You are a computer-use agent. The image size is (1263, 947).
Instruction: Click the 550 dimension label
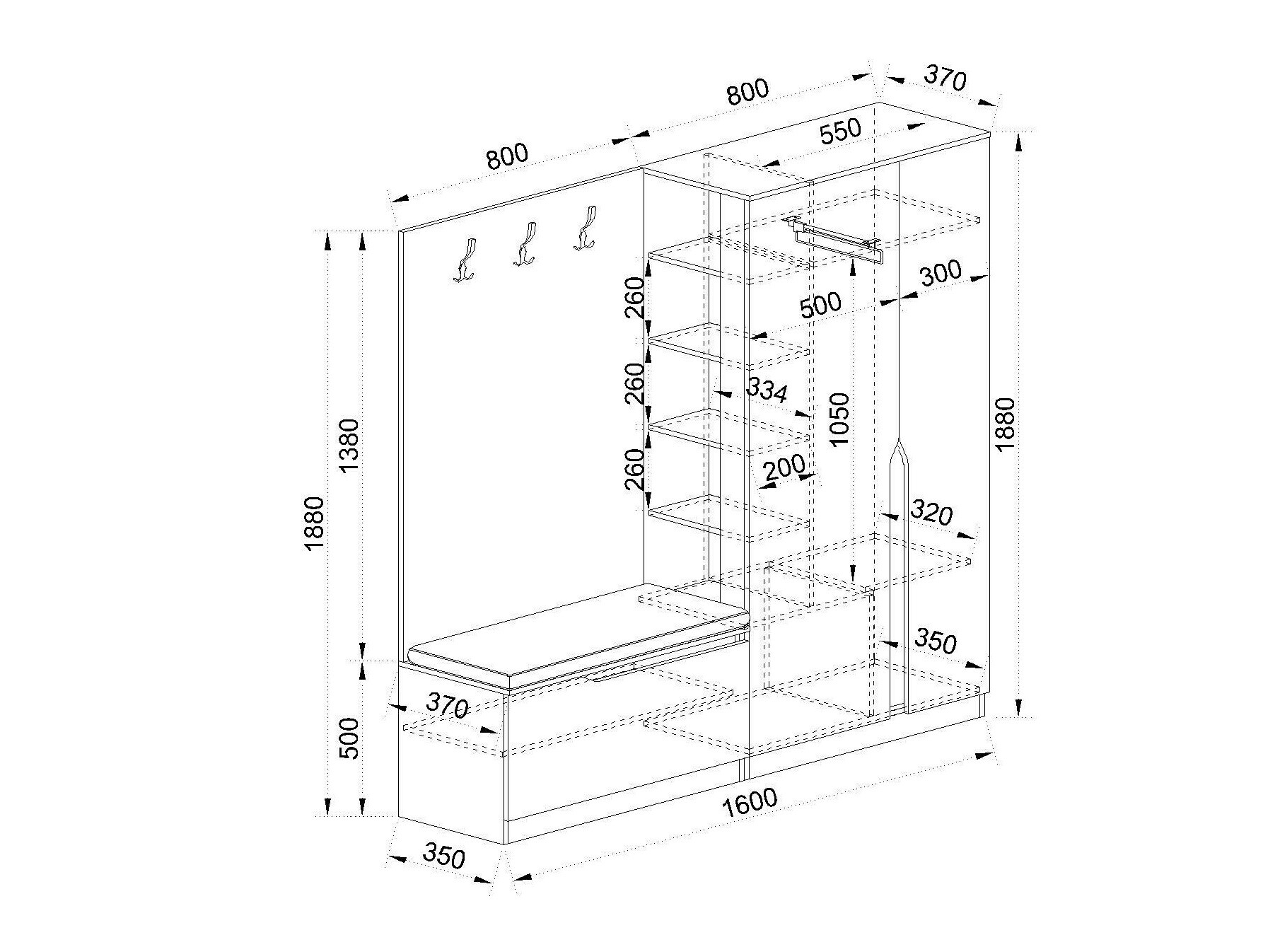[x=840, y=132]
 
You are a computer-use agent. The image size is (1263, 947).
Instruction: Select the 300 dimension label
[x=941, y=274]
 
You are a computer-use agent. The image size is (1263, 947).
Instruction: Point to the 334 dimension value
[x=767, y=390]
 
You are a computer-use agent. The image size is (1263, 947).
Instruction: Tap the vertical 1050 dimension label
[x=839, y=419]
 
